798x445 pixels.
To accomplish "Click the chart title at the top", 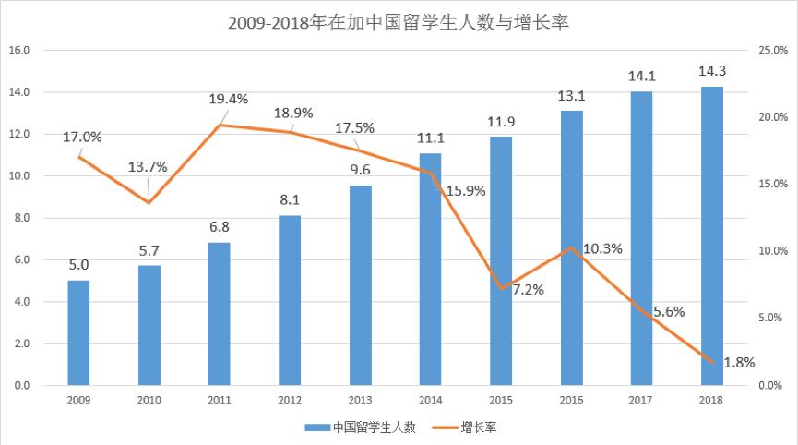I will pyautogui.click(x=398, y=22).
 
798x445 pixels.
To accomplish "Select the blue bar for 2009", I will pyautogui.click(x=79, y=332).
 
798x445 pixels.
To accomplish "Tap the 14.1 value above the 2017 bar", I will pyautogui.click(x=641, y=77).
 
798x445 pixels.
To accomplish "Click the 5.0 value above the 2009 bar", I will pyautogui.click(x=79, y=265).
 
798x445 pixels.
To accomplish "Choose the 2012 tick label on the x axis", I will pyautogui.click(x=290, y=400).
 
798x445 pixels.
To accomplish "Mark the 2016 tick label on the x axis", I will pyautogui.click(x=571, y=400).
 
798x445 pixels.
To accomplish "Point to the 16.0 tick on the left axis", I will pyautogui.click(x=20, y=51).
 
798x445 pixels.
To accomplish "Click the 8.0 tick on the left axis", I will pyautogui.click(x=20, y=218).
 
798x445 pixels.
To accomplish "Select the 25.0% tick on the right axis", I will pyautogui.click(x=771, y=51).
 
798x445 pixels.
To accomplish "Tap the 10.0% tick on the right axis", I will pyautogui.click(x=771, y=251).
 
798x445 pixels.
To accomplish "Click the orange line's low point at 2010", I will pyautogui.click(x=149, y=202).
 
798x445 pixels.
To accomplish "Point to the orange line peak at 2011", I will pyautogui.click(x=220, y=125).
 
